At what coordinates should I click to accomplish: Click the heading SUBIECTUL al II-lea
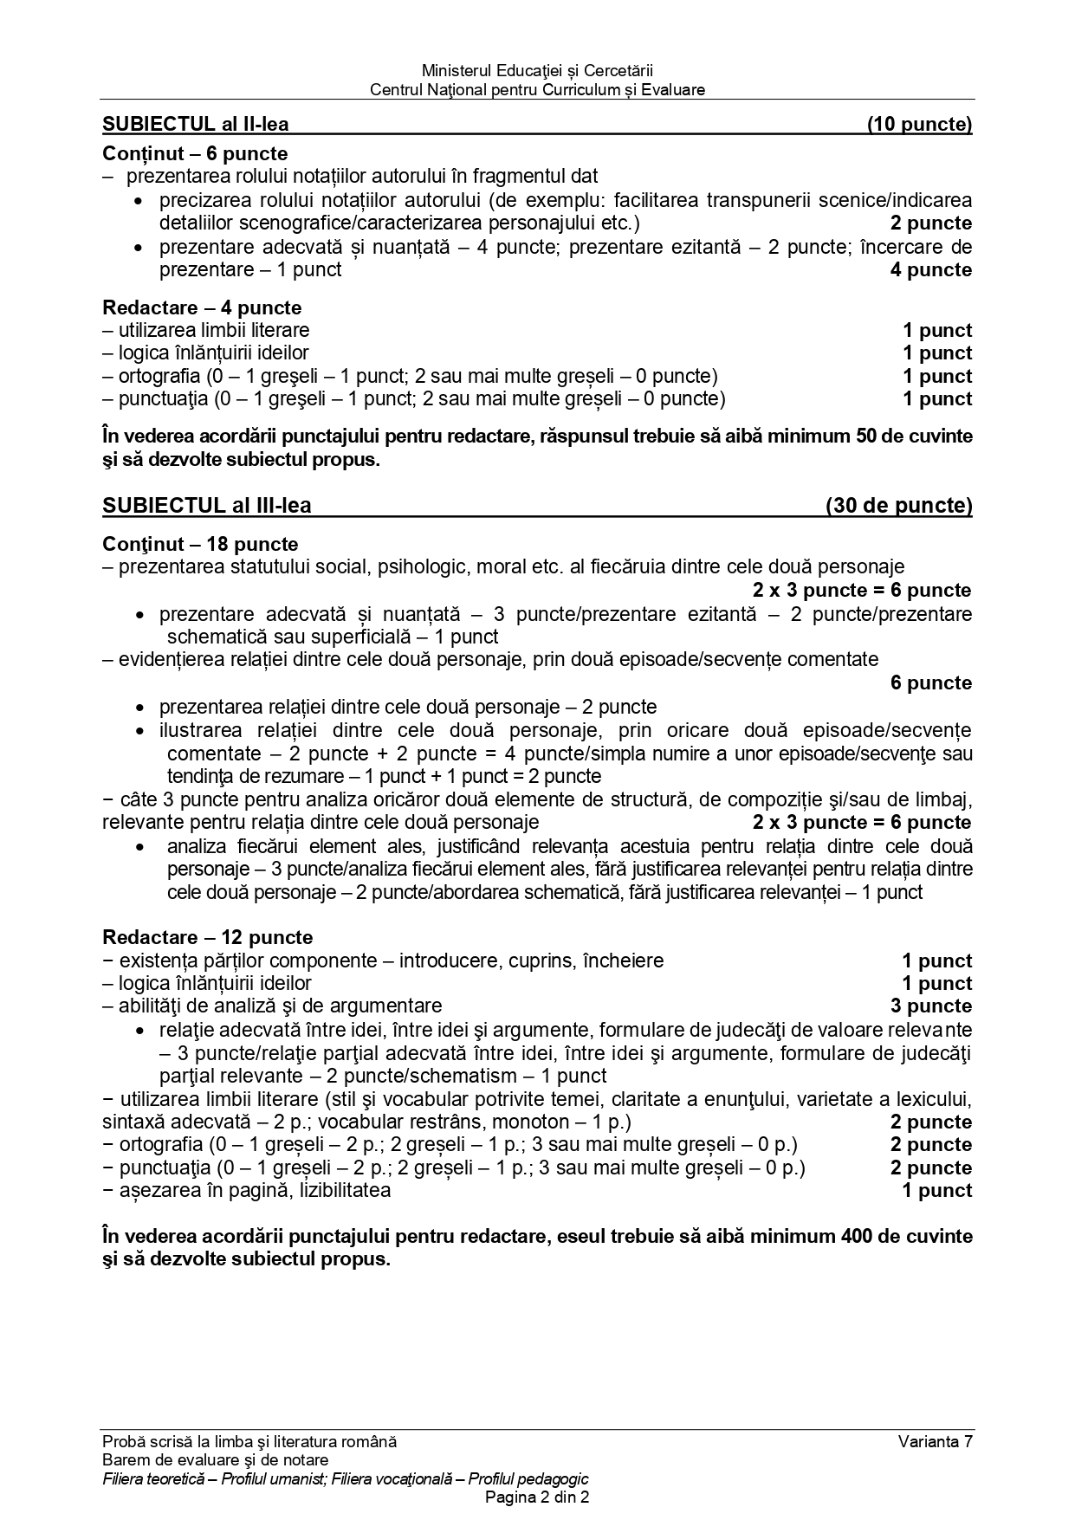(196, 124)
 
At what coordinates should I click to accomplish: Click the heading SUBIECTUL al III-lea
(206, 506)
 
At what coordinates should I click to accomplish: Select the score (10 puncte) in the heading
(919, 124)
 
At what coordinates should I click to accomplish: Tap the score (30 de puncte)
(898, 506)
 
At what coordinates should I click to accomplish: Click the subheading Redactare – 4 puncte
(202, 307)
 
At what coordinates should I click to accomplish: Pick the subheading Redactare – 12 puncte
(207, 937)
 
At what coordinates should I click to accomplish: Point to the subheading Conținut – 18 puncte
(200, 544)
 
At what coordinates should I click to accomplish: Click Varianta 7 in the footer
(936, 1441)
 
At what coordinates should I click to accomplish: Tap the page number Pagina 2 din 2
(537, 1497)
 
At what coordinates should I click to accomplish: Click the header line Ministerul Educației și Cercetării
(537, 70)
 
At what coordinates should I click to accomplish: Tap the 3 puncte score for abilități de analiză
(931, 1006)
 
